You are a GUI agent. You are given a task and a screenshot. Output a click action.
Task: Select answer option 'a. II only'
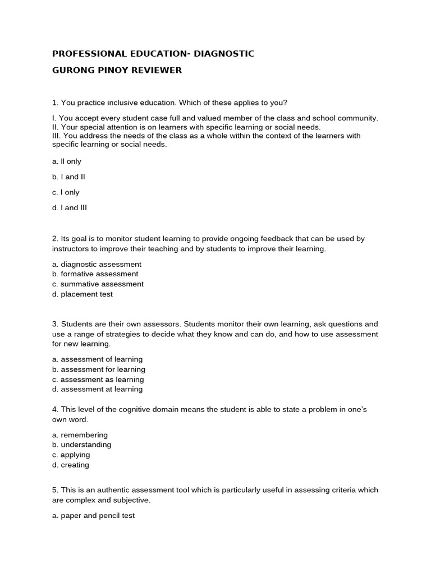pos(67,161)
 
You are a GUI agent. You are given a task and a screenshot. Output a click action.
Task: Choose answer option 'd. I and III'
pos(70,208)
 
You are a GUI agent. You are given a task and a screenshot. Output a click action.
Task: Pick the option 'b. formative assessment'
pos(95,274)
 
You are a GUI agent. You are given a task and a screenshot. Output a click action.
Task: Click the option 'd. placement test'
pos(82,294)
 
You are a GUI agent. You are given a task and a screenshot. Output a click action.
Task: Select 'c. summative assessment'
pos(98,284)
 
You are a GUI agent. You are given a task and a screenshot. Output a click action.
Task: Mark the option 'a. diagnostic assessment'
pos(97,264)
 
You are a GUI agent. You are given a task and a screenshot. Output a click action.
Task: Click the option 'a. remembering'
pos(80,435)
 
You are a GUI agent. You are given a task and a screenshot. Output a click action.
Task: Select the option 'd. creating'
pos(71,465)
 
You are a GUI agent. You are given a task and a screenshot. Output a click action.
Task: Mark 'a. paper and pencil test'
pos(93,516)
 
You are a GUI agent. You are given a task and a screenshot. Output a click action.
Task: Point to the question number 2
pos(54,239)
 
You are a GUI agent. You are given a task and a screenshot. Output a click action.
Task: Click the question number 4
pos(54,410)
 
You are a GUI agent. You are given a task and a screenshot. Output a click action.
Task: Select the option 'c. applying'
pos(71,455)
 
